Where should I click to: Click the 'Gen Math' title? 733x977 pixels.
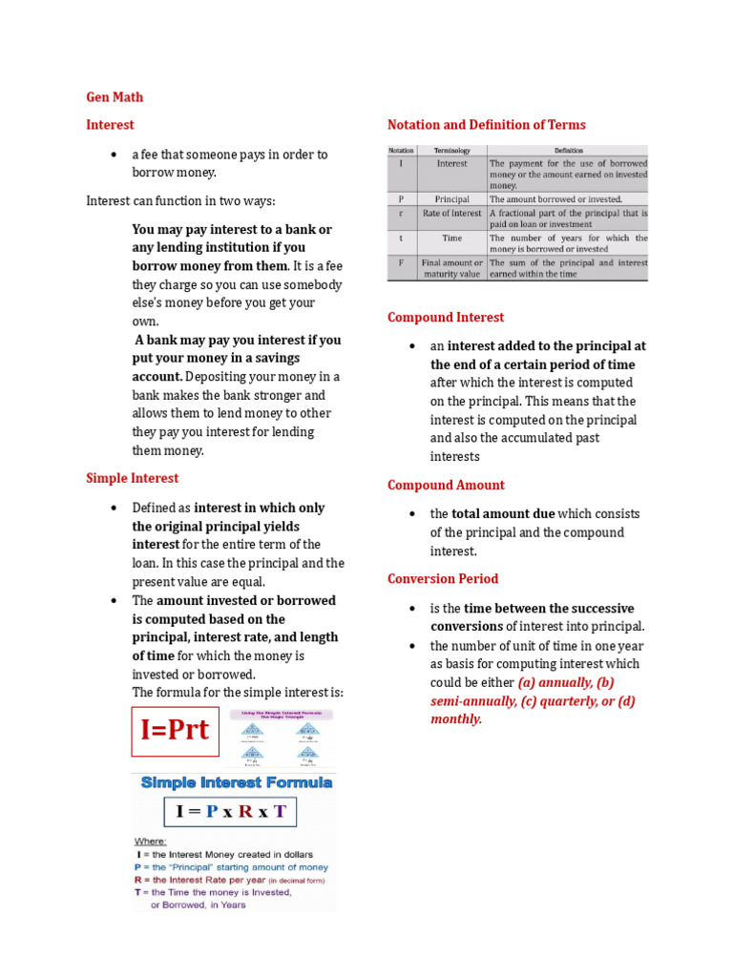(x=115, y=96)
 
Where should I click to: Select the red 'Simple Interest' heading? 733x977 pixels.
(x=132, y=478)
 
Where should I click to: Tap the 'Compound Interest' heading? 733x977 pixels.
(x=446, y=317)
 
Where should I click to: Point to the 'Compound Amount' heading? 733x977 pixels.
(x=446, y=485)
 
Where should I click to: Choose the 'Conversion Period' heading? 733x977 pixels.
(x=443, y=578)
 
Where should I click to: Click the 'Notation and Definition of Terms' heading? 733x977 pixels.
(x=487, y=125)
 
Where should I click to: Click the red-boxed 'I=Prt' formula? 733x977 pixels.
(x=175, y=731)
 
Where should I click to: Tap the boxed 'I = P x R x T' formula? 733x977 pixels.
(x=231, y=812)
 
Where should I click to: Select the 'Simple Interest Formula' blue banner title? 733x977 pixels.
(x=237, y=782)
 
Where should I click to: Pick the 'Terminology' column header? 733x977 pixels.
(x=452, y=150)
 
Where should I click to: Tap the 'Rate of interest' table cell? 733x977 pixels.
(x=452, y=214)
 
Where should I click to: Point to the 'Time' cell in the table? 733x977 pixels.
(x=452, y=238)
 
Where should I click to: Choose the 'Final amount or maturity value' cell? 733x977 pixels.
(x=452, y=268)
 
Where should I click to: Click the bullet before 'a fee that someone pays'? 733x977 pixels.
(x=115, y=155)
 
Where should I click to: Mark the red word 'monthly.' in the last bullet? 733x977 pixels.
(x=456, y=718)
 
